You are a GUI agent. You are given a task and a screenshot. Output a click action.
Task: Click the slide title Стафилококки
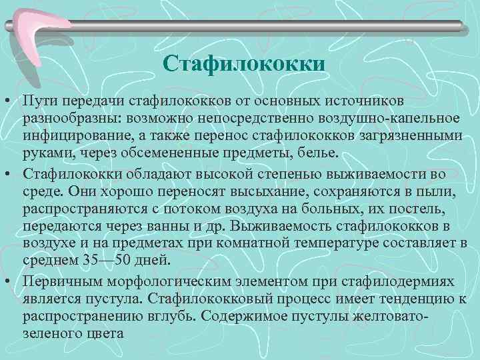pos(243,64)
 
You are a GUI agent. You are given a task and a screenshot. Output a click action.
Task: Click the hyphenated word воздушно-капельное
pos(387,118)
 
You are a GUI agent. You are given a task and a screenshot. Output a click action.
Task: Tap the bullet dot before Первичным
pos(7,283)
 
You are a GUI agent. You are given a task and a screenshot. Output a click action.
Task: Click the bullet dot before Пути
pos(7,100)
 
